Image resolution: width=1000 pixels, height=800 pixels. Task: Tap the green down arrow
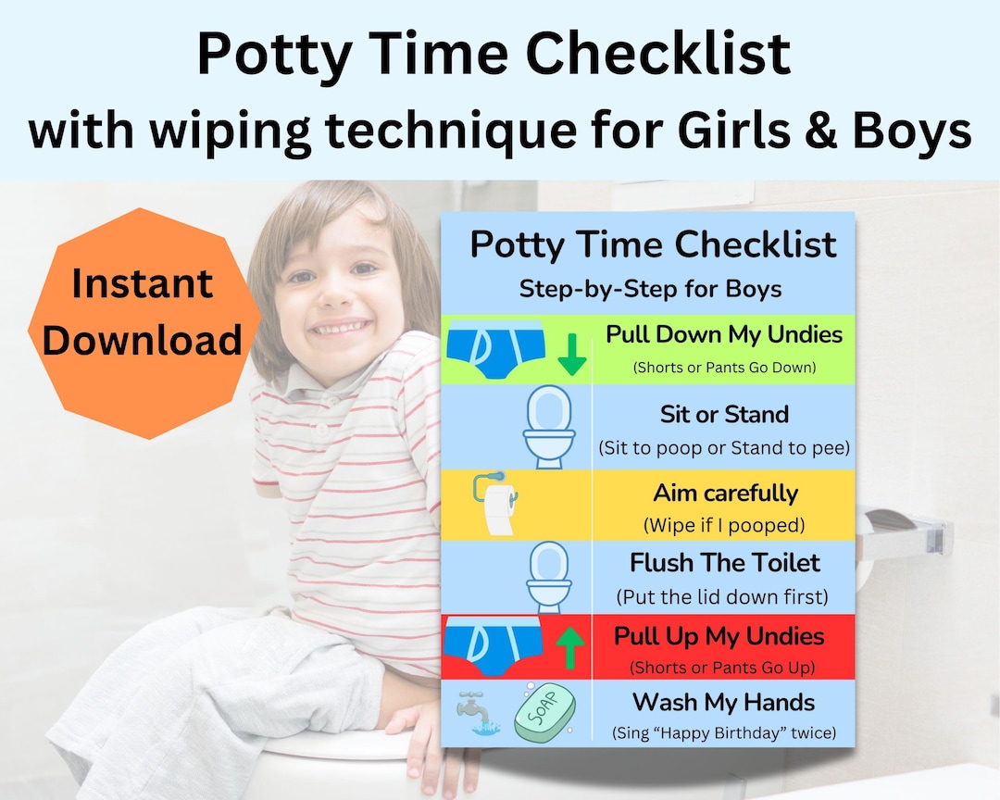pos(571,353)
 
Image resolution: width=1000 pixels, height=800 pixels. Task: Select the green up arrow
pos(571,648)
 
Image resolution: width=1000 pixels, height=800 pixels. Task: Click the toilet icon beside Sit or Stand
pos(549,427)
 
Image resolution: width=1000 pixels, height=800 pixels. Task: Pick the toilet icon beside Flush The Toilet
pos(549,578)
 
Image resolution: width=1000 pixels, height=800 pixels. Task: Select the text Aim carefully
pos(725,493)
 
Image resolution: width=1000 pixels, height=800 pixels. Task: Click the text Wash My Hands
pos(723,702)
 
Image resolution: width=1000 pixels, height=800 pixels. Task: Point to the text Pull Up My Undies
pos(719,636)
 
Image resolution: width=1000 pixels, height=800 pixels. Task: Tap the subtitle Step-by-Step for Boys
pos(650,289)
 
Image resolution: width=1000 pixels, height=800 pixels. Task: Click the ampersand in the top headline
pos(821,131)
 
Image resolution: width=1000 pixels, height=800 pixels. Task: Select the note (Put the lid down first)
pos(722,596)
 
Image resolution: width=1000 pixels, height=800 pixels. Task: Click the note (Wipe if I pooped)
pos(724,525)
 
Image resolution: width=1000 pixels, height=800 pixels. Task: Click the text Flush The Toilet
pos(725,562)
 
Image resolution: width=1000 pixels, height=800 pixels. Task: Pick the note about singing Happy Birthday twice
pos(723,733)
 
